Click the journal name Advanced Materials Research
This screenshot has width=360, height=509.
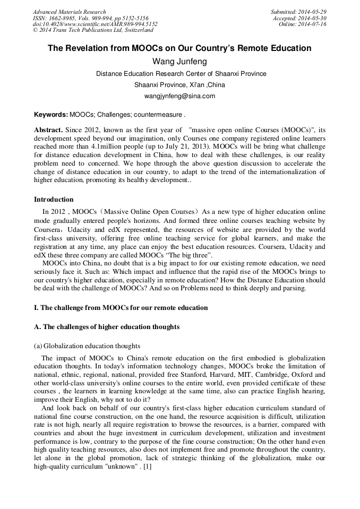pyautogui.click(x=69, y=12)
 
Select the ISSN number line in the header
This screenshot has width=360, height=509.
pyautogui.click(x=90, y=18)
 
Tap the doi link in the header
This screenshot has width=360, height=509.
pyautogui.click(x=95, y=24)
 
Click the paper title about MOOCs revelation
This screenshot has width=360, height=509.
pyautogui.click(x=179, y=48)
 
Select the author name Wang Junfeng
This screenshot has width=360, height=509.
pyautogui.click(x=179, y=62)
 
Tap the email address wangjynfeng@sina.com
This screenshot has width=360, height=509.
pyautogui.click(x=179, y=96)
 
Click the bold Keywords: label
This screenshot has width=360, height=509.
pyautogui.click(x=51, y=114)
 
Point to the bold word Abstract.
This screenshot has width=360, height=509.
pyautogui.click(x=48, y=130)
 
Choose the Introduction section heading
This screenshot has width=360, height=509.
pyautogui.click(x=54, y=200)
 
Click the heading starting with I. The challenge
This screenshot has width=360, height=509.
pyautogui.click(x=121, y=308)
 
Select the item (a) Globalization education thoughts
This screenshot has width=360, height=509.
pyautogui.click(x=87, y=346)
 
